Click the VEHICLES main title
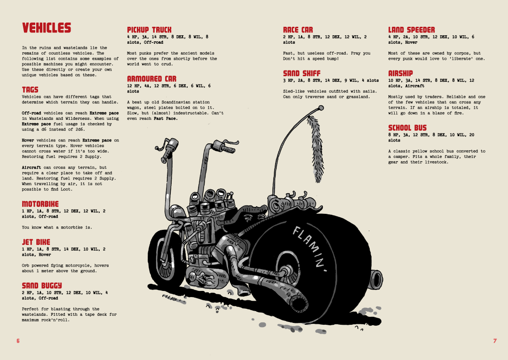(x=46, y=28)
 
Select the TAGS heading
(x=30, y=89)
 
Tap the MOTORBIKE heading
(x=40, y=203)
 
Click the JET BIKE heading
(x=36, y=242)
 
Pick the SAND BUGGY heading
(x=41, y=285)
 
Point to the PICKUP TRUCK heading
(x=149, y=30)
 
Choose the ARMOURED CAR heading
(x=151, y=78)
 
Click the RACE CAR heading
(x=298, y=30)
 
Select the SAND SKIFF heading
(x=302, y=73)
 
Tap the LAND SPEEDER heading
(x=411, y=30)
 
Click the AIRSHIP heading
(x=400, y=73)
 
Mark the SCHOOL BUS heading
(x=407, y=127)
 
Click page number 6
(x=18, y=341)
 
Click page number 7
(x=495, y=341)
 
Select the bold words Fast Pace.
(x=166, y=118)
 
